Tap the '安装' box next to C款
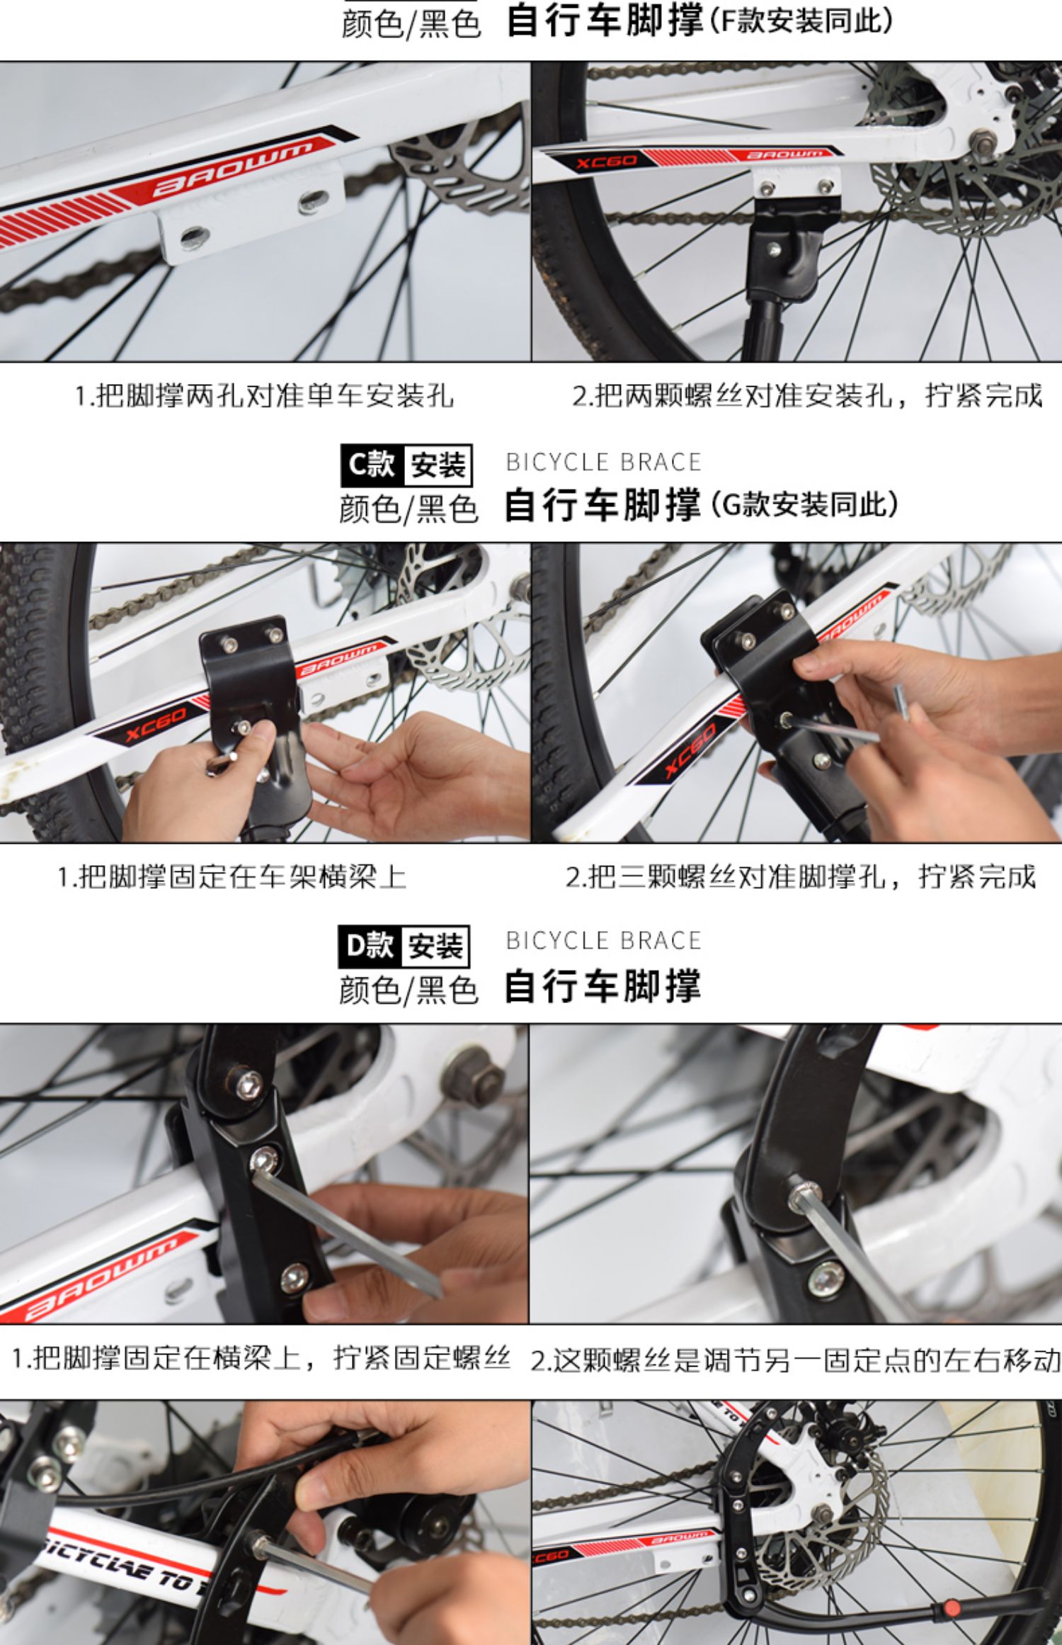pyautogui.click(x=438, y=465)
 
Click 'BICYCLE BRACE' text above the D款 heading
pyautogui.click(x=603, y=941)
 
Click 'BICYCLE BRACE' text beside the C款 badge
pyautogui.click(x=603, y=463)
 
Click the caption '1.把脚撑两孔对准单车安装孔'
pyautogui.click(x=264, y=395)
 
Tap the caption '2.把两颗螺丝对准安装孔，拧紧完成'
pyautogui.click(x=807, y=395)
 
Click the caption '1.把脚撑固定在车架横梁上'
pyautogui.click(x=232, y=877)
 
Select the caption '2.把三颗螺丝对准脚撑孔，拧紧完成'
pyautogui.click(x=800, y=877)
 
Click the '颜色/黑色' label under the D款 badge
pyautogui.click(x=409, y=990)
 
